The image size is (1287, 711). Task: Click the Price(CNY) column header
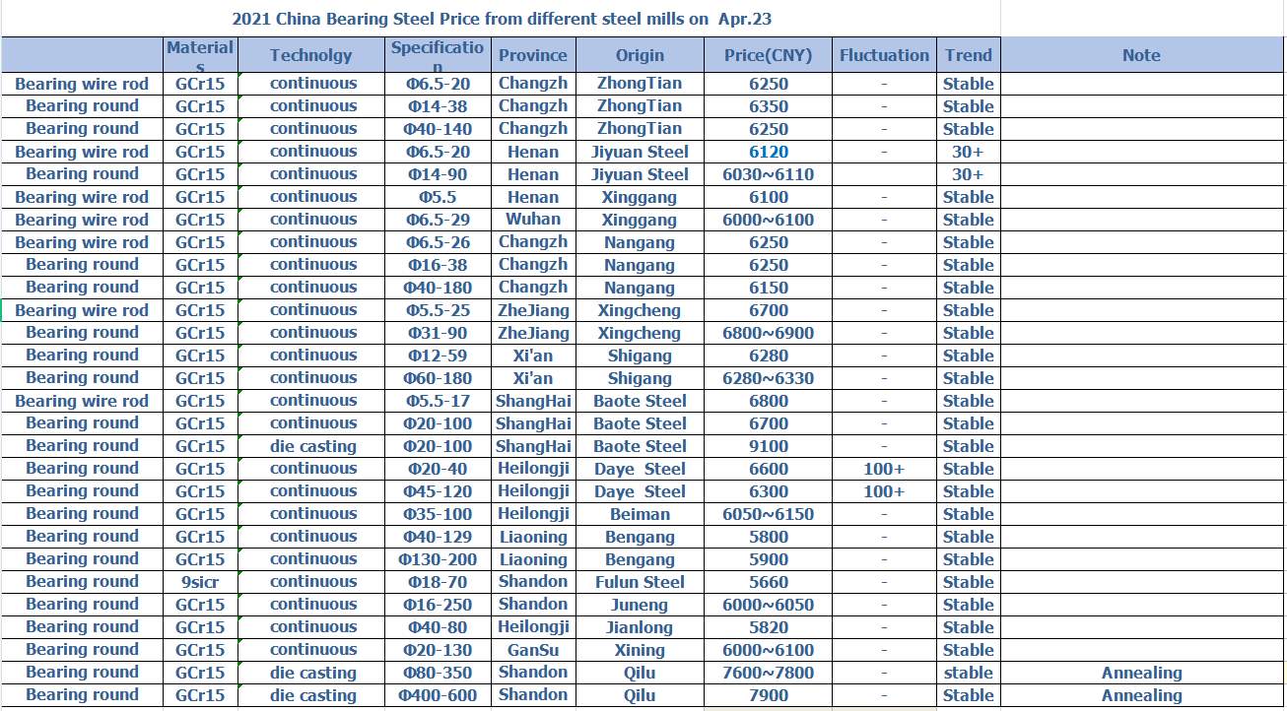coord(768,55)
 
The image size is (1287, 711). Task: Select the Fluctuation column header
coord(884,55)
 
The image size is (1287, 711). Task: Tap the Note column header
coord(1141,55)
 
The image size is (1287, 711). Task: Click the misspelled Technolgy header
coord(311,55)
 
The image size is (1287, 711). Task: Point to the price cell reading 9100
coord(768,446)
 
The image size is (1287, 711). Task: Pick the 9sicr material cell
coord(200,582)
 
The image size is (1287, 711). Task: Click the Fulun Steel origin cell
coord(640,582)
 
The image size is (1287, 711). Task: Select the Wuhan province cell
coord(533,220)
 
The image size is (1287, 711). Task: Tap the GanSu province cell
coord(533,650)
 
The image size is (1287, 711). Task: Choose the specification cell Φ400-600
coord(438,695)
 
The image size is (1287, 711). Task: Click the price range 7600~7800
coord(768,673)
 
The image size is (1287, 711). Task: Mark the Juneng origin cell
coord(640,605)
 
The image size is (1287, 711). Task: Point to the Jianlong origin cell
coord(640,627)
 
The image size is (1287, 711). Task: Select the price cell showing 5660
coord(768,582)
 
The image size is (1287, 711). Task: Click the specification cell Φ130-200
coord(438,559)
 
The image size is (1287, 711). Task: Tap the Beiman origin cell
coord(640,514)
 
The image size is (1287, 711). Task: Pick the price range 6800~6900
coord(768,333)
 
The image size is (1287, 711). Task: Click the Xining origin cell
coord(640,650)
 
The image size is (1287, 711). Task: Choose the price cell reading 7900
coord(768,695)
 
